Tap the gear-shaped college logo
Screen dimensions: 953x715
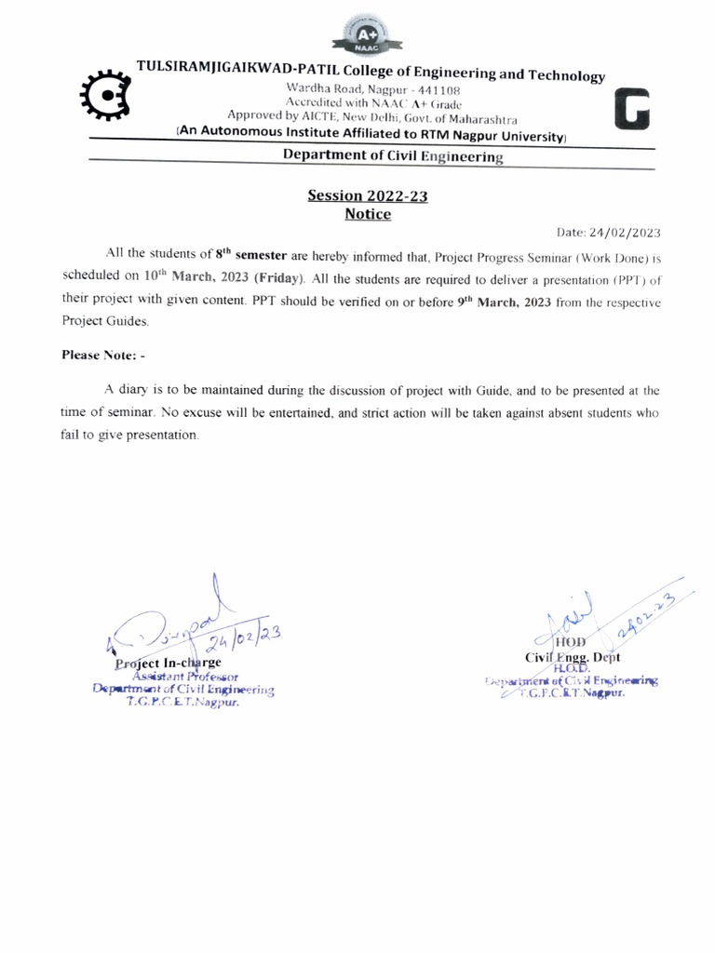(x=104, y=95)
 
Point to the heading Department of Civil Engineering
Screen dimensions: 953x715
(x=393, y=157)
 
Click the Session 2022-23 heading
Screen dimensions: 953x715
(x=368, y=196)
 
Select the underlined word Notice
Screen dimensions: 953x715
(x=368, y=214)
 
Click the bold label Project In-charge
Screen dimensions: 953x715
(x=168, y=664)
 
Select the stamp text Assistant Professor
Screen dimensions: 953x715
(x=186, y=677)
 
